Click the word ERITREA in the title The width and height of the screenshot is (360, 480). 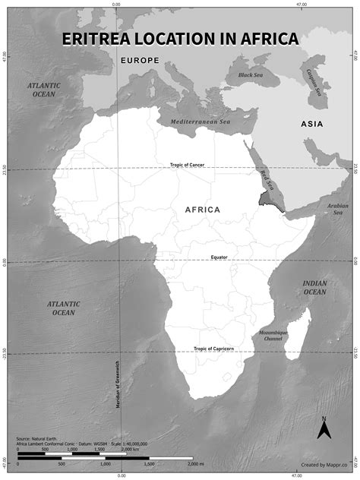(x=103, y=39)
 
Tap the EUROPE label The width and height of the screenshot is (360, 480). (x=140, y=60)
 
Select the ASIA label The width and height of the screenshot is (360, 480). (x=311, y=124)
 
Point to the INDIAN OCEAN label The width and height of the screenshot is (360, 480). (x=314, y=287)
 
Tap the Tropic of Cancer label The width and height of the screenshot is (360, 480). (x=187, y=165)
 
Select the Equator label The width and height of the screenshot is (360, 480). (x=219, y=257)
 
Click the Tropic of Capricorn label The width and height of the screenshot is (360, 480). (x=213, y=349)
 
